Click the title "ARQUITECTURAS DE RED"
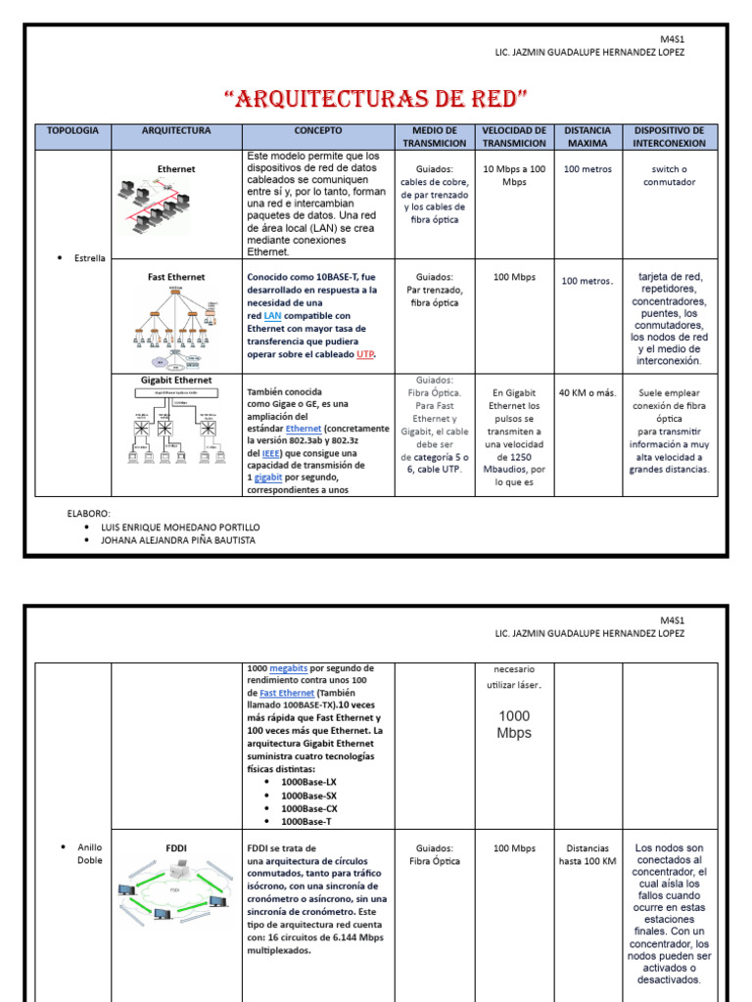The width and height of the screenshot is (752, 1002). pyautogui.click(x=376, y=98)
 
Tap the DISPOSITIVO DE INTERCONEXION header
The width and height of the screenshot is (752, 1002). pyautogui.click(x=670, y=136)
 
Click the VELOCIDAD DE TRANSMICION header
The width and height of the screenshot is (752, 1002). pyautogui.click(x=514, y=136)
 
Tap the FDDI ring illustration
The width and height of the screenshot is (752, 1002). pyautogui.click(x=176, y=894)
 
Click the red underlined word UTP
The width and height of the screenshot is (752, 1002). pyautogui.click(x=365, y=354)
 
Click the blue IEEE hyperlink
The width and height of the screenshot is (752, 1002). pyautogui.click(x=270, y=453)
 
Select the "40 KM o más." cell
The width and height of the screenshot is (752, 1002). pyautogui.click(x=587, y=393)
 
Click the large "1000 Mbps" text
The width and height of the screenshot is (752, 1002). pyautogui.click(x=514, y=724)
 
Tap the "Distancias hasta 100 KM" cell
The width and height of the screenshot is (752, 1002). pyautogui.click(x=587, y=854)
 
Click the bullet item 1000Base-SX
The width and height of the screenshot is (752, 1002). pyautogui.click(x=308, y=796)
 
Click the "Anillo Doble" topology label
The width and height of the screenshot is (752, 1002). pyautogui.click(x=89, y=853)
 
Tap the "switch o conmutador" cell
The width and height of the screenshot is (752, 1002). pyautogui.click(x=670, y=175)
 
